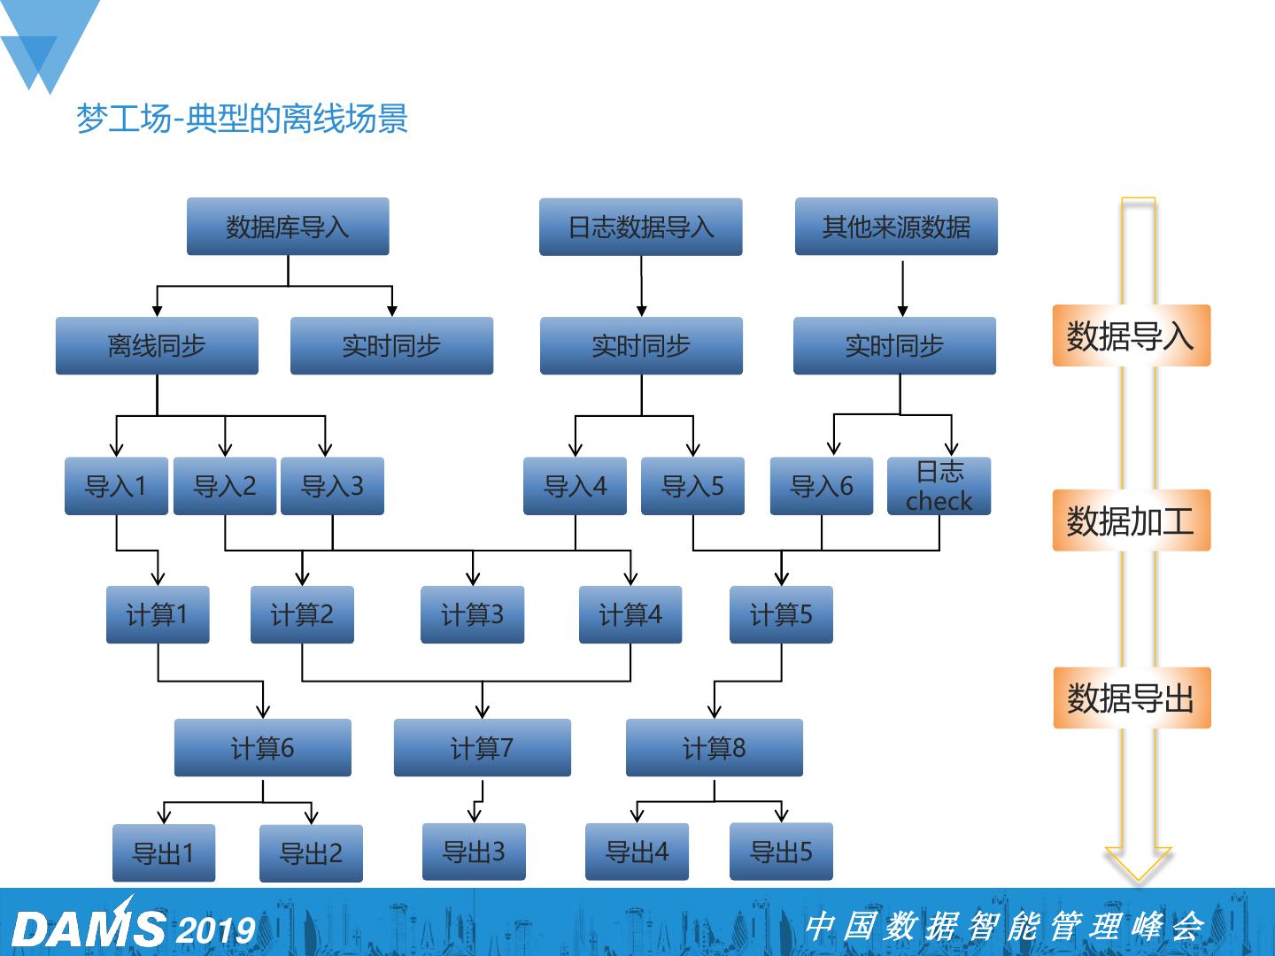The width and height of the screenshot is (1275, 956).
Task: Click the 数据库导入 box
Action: pos(288,227)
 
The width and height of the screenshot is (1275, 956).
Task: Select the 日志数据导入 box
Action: pos(640,227)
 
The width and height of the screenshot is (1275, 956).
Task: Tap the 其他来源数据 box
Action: pos(896,227)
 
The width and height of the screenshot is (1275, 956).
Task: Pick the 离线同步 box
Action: pos(157,345)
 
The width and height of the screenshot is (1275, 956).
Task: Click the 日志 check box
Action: pos(939,486)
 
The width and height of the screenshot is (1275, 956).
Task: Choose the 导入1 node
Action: pos(116,486)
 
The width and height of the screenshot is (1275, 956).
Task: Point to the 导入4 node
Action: pos(575,486)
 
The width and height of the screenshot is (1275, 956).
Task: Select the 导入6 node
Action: pos(821,486)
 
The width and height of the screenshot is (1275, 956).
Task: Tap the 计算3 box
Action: pos(472,614)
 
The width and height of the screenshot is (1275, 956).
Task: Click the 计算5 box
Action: pos(781,614)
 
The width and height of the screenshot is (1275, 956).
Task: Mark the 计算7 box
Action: pos(482,748)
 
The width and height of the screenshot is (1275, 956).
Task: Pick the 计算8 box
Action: pos(714,748)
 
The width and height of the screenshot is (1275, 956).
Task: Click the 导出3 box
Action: pos(474,852)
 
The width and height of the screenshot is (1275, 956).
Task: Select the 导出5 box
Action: pos(781,852)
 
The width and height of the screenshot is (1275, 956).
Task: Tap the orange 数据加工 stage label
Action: pos(1131,520)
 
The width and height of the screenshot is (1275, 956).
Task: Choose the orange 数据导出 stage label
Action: pos(1131,698)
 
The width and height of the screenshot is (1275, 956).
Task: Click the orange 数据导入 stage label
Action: pos(1131,335)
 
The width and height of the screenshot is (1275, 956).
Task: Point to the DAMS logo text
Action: pos(89,929)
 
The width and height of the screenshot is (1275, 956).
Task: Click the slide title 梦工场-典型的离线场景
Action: pos(242,119)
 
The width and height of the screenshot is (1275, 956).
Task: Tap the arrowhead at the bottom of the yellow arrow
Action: pos(1139,864)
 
